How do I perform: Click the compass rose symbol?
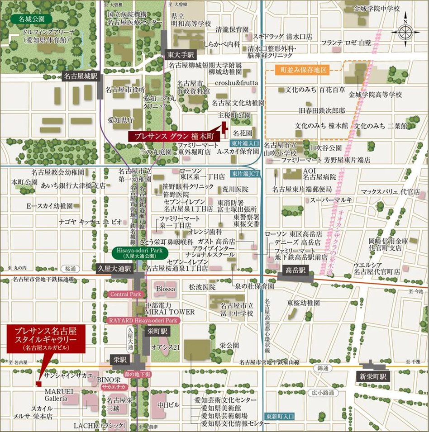[405, 31]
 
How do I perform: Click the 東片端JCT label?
[244, 173]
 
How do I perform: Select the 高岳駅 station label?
[296, 271]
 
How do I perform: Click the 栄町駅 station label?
[158, 331]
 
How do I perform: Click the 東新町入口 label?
[278, 416]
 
